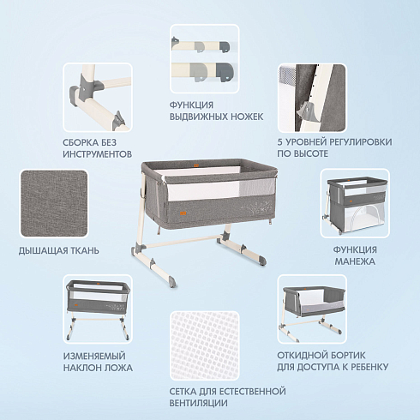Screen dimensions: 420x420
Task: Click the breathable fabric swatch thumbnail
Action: click(x=54, y=204)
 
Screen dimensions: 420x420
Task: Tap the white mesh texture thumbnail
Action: click(x=205, y=345)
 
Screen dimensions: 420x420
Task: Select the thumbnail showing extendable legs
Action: click(x=205, y=58)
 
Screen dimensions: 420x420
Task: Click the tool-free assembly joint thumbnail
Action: click(x=98, y=98)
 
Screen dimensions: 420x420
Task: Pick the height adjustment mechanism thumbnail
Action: click(x=312, y=98)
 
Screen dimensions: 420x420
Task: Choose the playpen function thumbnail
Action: click(x=355, y=203)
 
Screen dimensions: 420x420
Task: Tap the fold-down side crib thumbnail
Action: click(x=312, y=309)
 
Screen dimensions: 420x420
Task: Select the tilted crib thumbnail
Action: click(x=98, y=309)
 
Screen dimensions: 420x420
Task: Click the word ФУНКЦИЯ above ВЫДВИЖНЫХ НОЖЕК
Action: click(x=191, y=105)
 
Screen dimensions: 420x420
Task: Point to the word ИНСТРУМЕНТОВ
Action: click(x=98, y=154)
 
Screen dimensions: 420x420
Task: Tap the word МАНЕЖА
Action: click(x=355, y=261)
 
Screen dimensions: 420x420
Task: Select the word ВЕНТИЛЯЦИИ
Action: click(x=199, y=403)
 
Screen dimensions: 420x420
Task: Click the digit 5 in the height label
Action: click(x=280, y=142)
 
